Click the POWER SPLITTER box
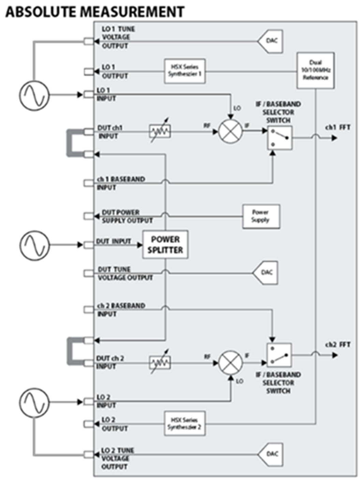click(x=165, y=245)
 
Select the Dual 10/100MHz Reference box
click(x=315, y=71)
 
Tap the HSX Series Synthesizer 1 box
click(x=184, y=71)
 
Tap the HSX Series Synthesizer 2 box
click(x=184, y=423)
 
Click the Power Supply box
click(x=261, y=216)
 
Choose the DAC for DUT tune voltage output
click(x=266, y=273)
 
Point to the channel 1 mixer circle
click(x=230, y=131)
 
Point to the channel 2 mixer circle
click(x=230, y=363)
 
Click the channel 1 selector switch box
click(x=280, y=138)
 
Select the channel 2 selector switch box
click(x=279, y=355)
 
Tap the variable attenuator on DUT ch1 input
click(x=160, y=131)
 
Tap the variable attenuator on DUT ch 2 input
click(x=160, y=363)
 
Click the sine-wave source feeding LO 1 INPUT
click(x=34, y=95)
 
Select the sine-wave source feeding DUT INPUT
click(x=34, y=245)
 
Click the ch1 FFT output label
click(x=337, y=127)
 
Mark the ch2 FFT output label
click(x=337, y=345)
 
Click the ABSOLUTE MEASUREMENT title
click(x=95, y=12)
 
